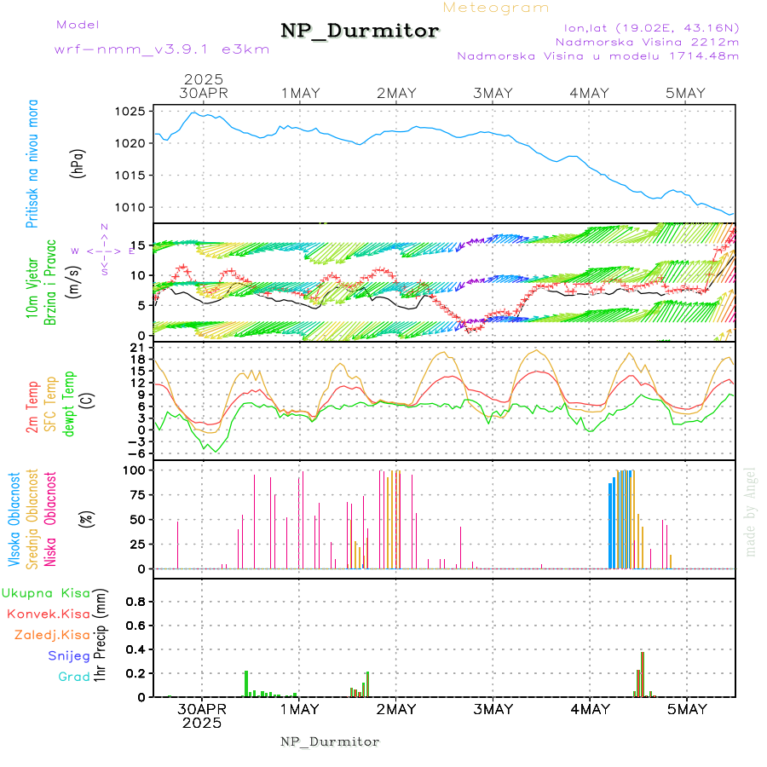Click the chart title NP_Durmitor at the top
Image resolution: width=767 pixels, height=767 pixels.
(360, 32)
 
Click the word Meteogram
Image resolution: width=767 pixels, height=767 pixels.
(496, 8)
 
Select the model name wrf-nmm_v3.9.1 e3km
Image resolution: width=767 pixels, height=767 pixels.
(162, 49)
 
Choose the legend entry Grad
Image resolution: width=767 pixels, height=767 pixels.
(74, 678)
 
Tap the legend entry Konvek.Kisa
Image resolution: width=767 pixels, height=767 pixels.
(48, 614)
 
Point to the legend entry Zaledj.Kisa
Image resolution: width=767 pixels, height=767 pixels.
(52, 635)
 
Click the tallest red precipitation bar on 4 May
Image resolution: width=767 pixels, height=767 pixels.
(642, 673)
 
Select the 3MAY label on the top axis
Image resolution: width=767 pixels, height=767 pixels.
(493, 93)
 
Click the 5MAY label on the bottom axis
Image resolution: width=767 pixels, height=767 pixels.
(686, 709)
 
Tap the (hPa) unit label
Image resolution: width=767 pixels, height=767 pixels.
(79, 162)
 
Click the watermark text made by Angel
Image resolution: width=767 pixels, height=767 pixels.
(751, 511)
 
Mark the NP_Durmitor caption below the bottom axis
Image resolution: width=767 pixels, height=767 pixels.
(330, 741)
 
